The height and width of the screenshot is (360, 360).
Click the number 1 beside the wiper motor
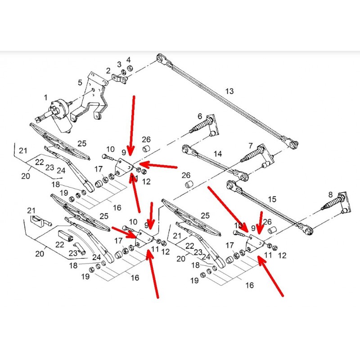(45, 97)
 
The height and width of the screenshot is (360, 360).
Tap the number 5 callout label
(80, 83)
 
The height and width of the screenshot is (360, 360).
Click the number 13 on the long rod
(229, 91)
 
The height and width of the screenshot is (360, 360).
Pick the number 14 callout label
(218, 153)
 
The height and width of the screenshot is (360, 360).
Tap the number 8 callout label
(330, 194)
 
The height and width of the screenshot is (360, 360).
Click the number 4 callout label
(128, 59)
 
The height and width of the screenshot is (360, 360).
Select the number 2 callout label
(108, 71)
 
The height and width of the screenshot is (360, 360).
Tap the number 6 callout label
(199, 116)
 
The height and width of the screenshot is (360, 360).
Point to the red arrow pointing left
(157, 166)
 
